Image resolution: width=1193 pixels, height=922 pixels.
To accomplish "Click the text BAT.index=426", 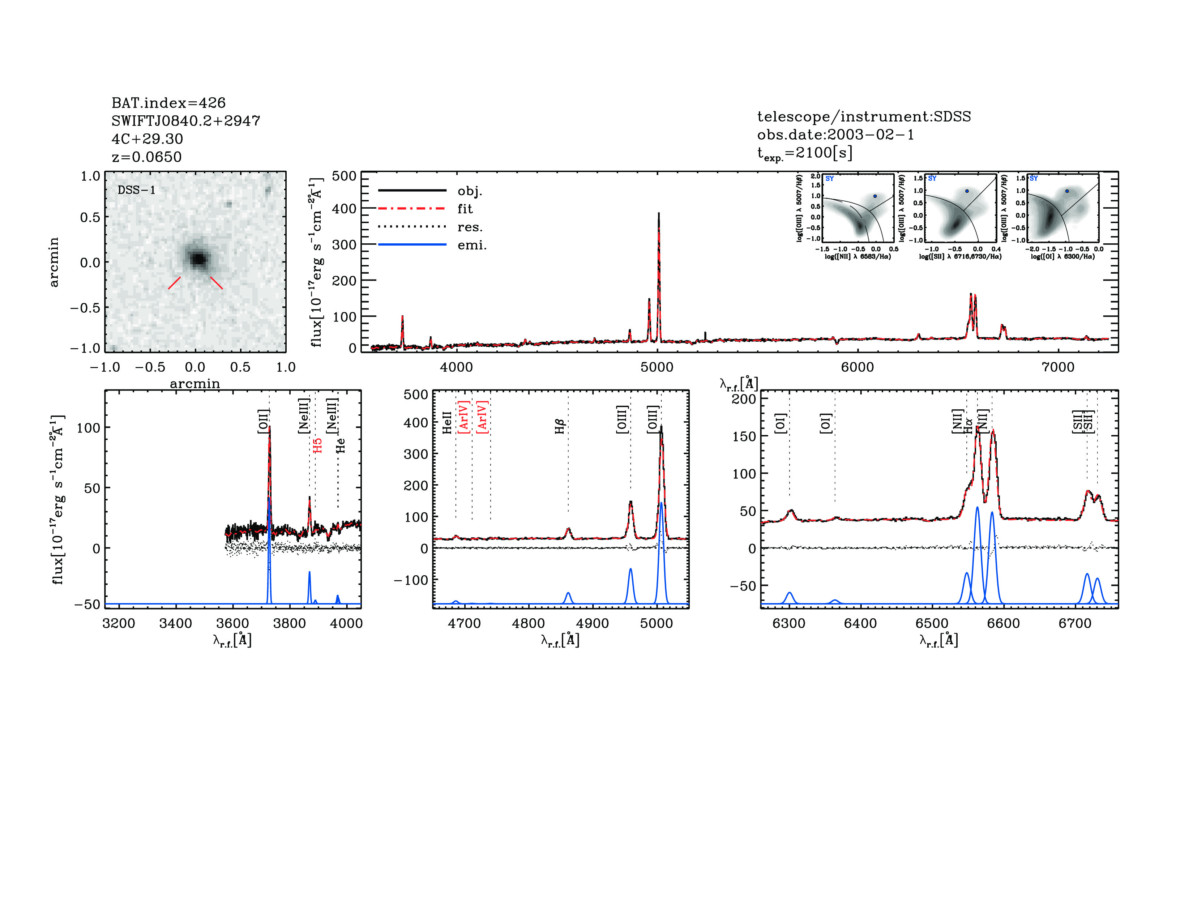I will tap(168, 103).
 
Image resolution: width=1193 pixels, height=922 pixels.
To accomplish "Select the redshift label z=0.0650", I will tap(146, 157).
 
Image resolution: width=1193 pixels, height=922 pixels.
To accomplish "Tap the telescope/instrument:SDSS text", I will tap(864, 116).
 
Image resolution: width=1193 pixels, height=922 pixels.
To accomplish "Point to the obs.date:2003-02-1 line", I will tap(835, 135).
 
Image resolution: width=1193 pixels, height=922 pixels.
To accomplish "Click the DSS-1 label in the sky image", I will tap(137, 190).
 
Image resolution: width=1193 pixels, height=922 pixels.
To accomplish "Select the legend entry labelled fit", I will tap(465, 209).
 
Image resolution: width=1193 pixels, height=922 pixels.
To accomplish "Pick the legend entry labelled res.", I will tap(470, 227).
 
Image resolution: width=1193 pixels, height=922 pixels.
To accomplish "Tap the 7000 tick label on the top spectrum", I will tap(1058, 367).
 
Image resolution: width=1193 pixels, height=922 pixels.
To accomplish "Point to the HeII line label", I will tap(447, 423).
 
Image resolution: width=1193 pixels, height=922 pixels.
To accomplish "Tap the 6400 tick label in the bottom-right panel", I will tap(860, 623).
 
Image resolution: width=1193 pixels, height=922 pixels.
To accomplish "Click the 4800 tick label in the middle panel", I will tap(528, 623).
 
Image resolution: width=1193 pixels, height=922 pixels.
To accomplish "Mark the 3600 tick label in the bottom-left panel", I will tap(233, 623).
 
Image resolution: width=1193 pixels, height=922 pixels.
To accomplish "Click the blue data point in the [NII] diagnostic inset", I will tap(875, 196).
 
